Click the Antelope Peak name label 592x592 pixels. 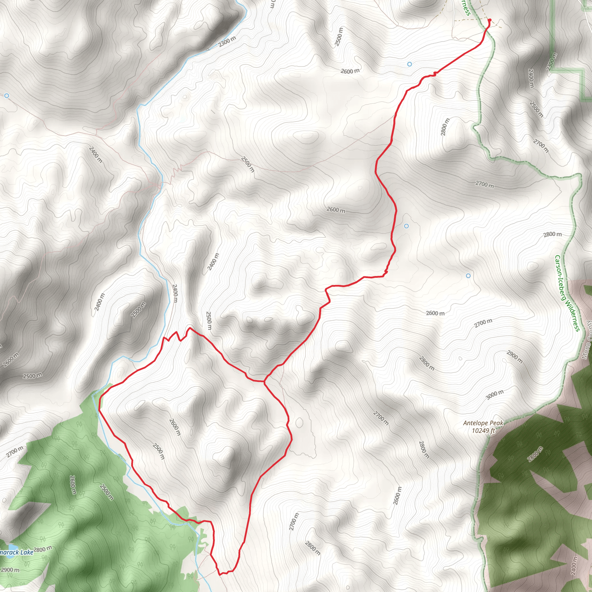483,423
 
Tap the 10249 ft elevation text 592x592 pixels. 483,431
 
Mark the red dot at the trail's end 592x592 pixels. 489,20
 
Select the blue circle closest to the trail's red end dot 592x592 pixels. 410,64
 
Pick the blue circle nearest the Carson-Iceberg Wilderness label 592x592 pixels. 468,276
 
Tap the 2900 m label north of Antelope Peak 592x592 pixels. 515,357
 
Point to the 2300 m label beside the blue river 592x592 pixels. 227,41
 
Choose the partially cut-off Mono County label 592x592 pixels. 587,340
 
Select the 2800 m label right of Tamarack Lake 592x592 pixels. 42,550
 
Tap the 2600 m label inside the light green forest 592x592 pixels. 73,485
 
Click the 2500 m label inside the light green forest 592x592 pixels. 106,492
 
